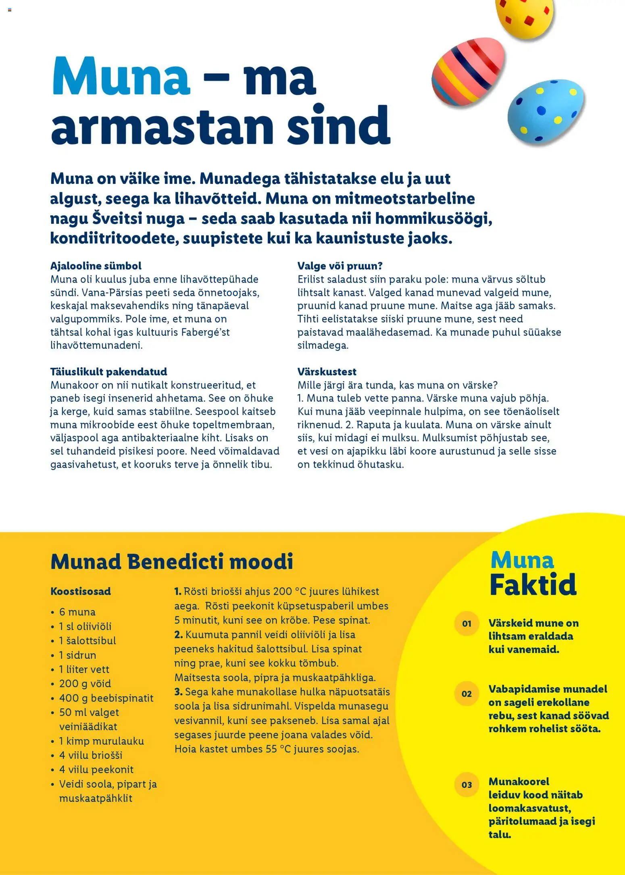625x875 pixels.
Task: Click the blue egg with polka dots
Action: pos(545,113)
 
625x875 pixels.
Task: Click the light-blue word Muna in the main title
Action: pos(121,77)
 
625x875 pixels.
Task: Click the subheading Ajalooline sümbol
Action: pos(96,266)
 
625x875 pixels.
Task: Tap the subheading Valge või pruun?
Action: pos(340,266)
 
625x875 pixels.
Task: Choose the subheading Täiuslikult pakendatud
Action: pos(108,371)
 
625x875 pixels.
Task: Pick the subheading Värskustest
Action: pos(327,371)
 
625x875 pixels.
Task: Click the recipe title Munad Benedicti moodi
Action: pos(172,561)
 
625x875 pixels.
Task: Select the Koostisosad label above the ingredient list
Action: pos(81,591)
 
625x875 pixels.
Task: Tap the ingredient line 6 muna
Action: pos(77,612)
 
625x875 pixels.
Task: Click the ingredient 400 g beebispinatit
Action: pos(106,698)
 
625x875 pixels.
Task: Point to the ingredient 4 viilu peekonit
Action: pos(96,769)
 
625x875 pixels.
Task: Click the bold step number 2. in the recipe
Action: pos(178,635)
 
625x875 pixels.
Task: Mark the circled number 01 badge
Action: pos(467,623)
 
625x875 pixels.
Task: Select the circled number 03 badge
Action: pos(467,785)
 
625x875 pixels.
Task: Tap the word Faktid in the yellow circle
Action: pos(533,584)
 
